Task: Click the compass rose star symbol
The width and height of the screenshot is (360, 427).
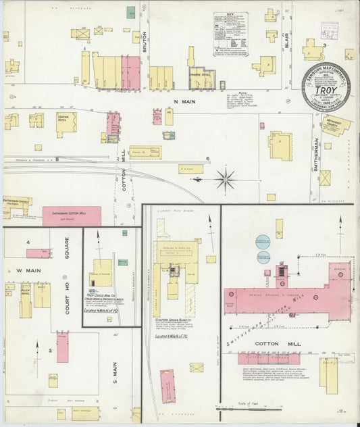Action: coord(226,179)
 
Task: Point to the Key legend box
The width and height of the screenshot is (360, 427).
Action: coord(231,33)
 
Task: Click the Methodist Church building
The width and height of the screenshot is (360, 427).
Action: coord(336,126)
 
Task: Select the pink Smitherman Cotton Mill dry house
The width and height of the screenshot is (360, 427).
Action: coord(72,216)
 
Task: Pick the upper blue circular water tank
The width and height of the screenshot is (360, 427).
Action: coord(263,243)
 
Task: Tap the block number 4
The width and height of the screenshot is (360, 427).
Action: coord(28,242)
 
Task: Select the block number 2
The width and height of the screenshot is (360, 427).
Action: coord(50,351)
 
